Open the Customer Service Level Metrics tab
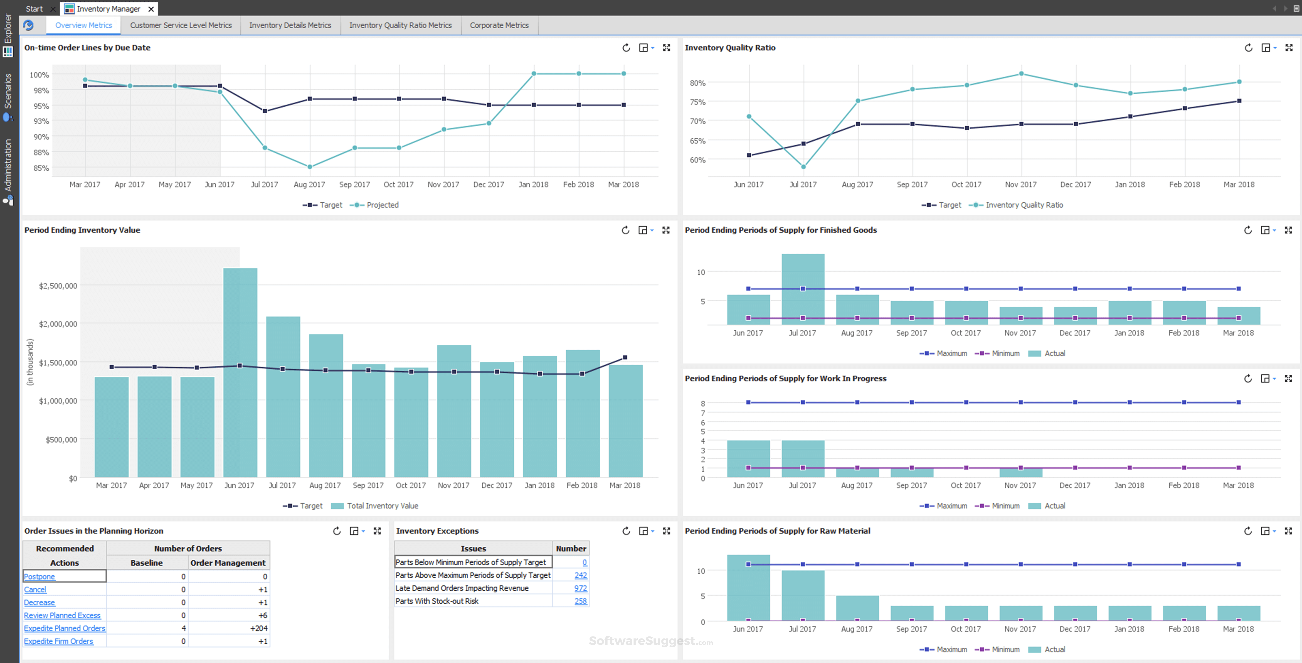(x=180, y=25)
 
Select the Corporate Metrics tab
(x=499, y=25)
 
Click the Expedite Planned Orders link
(x=65, y=628)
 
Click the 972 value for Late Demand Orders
(x=580, y=588)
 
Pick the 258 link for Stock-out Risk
(x=580, y=601)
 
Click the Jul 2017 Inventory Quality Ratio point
(x=803, y=167)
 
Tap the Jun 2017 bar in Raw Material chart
(x=748, y=589)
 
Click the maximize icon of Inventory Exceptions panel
(x=667, y=530)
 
